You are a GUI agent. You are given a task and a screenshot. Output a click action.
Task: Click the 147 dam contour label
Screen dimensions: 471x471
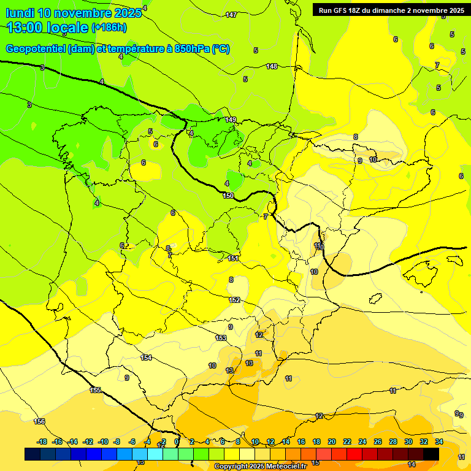click(x=231, y=15)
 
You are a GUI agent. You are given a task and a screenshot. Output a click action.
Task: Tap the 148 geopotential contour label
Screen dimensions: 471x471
click(x=272, y=66)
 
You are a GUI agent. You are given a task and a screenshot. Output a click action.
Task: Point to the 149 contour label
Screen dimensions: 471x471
click(x=231, y=120)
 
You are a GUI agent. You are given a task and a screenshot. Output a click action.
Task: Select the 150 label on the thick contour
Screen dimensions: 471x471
click(x=228, y=196)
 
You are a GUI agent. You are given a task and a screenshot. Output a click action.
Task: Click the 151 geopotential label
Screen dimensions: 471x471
click(x=233, y=259)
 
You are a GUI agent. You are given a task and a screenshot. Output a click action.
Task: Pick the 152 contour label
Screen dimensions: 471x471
click(x=234, y=300)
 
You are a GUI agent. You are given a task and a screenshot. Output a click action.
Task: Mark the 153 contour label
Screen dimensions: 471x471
click(x=221, y=338)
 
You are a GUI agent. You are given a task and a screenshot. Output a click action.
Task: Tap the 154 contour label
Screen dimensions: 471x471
click(x=146, y=358)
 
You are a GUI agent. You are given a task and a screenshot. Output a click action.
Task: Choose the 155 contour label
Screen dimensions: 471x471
click(x=95, y=390)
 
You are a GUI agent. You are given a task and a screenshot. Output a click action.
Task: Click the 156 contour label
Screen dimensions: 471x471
click(x=40, y=421)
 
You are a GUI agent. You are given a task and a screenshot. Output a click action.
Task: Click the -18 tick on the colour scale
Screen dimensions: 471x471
click(x=42, y=442)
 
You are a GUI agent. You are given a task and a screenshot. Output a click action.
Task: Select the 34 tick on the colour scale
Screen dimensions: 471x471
click(x=439, y=442)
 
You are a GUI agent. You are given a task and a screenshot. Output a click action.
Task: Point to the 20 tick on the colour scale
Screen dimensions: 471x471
click(x=332, y=442)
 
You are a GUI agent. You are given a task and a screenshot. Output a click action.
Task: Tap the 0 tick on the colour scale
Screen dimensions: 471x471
click(x=177, y=442)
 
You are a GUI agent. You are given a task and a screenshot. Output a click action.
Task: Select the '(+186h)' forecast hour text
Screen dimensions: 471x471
click(x=109, y=28)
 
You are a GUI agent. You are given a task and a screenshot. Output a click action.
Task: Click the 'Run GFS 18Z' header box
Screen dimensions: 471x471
click(x=389, y=10)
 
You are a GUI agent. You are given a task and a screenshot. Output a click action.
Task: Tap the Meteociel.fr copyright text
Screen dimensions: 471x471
click(x=261, y=467)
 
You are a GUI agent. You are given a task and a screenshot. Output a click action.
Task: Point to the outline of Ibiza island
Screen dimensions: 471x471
click(x=376, y=299)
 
